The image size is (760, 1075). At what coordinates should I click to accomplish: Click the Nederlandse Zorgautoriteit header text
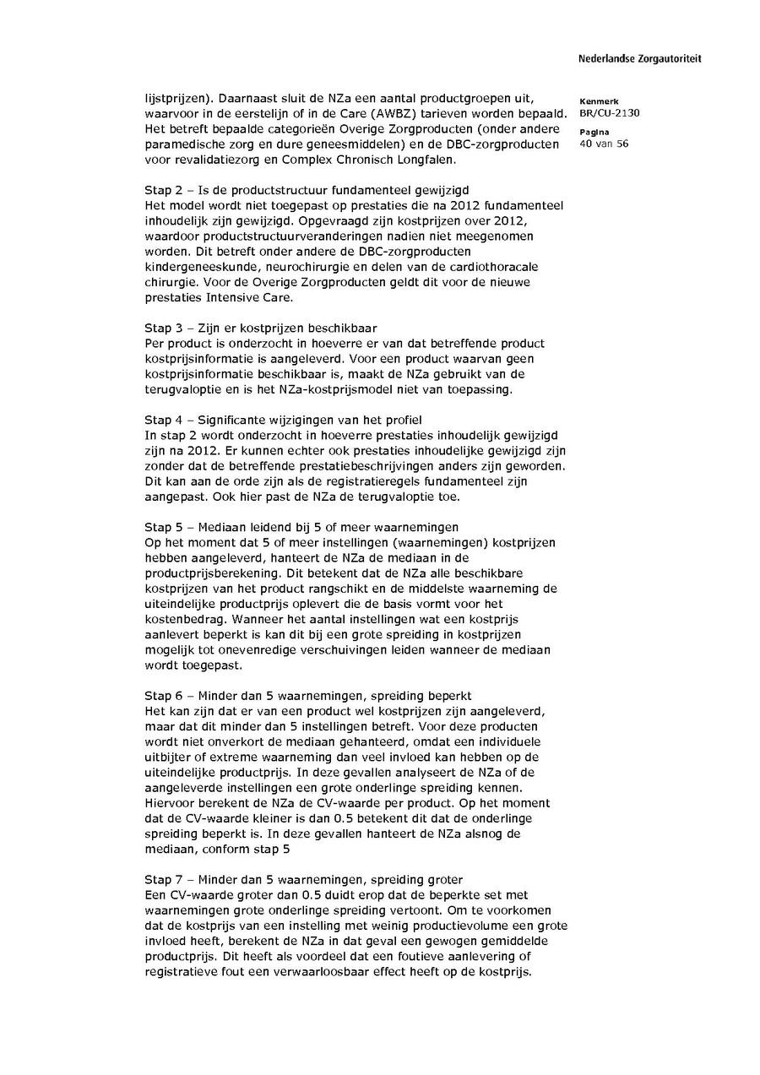[x=639, y=59]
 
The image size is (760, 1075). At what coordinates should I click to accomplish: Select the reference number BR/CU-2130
[x=610, y=113]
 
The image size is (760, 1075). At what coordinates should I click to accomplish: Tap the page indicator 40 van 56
[x=604, y=144]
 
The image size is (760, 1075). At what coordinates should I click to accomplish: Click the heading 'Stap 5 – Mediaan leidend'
[x=301, y=526]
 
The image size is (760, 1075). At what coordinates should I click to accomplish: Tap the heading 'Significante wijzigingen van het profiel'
[x=283, y=420]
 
